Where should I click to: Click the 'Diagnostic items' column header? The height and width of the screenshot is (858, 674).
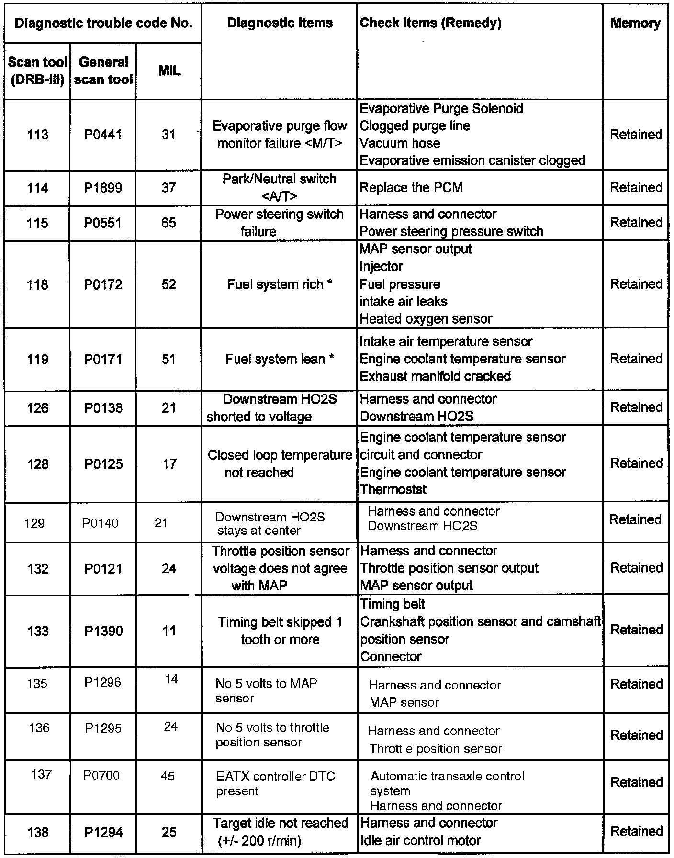(x=280, y=23)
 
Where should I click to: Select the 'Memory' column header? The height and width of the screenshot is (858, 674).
(x=635, y=23)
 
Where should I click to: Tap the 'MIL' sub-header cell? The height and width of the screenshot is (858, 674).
(x=169, y=71)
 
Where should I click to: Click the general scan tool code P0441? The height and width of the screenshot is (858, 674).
(x=103, y=135)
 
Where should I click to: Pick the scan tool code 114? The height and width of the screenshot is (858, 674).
(x=37, y=188)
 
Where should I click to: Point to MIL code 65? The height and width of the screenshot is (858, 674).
(x=168, y=223)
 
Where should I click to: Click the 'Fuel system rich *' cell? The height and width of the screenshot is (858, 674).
(x=280, y=284)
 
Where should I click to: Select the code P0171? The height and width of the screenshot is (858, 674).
(x=103, y=359)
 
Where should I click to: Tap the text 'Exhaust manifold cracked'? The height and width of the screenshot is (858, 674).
(x=435, y=376)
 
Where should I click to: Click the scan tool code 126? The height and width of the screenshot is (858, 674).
(x=38, y=408)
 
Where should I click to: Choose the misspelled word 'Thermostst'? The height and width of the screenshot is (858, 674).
(x=393, y=489)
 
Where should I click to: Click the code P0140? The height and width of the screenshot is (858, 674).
(x=100, y=523)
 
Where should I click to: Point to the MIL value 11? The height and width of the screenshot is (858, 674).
(x=169, y=631)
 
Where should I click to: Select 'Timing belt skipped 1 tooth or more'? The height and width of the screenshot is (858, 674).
(x=280, y=631)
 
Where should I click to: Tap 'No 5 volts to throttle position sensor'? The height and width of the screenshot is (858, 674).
(x=272, y=735)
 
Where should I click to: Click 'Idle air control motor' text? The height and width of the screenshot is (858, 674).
(x=420, y=840)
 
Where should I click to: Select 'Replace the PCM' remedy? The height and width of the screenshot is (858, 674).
(x=411, y=187)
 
